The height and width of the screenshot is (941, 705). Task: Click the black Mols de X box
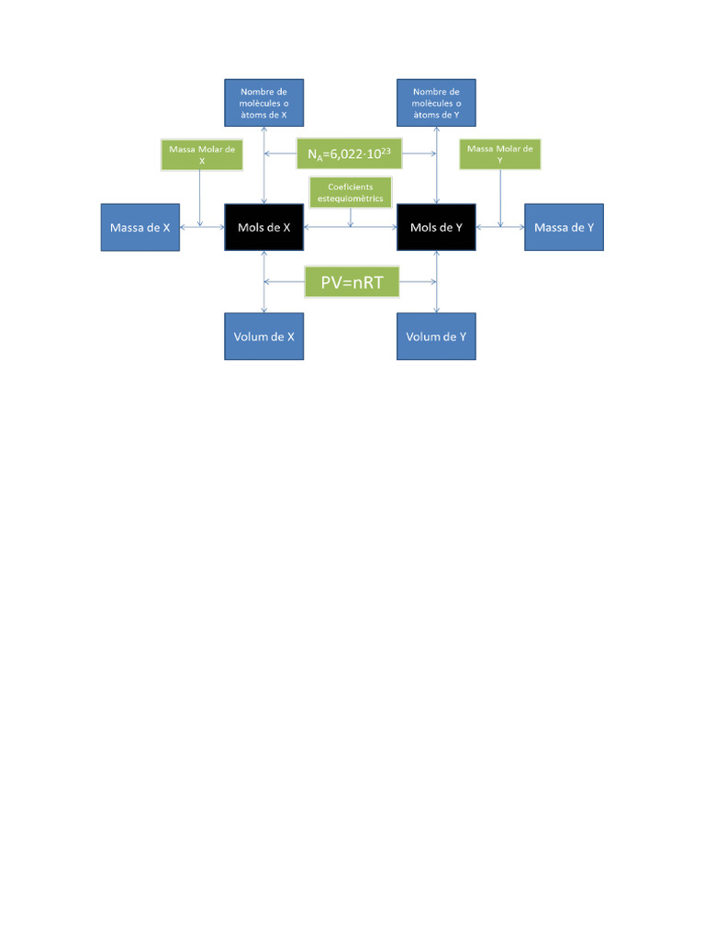264,227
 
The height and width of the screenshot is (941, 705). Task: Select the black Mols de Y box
436,227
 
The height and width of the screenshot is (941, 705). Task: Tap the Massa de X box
140,227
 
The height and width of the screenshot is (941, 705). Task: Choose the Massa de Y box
564,227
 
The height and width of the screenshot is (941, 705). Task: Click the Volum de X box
264,336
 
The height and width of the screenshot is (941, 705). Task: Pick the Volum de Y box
436,336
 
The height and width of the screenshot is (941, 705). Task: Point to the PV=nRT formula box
352,282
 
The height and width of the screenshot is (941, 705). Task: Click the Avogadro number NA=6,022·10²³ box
350,154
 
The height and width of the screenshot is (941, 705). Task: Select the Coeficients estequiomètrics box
350,192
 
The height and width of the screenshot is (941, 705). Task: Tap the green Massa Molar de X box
201,153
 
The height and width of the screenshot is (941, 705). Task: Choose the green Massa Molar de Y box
499,153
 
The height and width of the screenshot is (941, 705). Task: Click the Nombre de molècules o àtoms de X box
264,102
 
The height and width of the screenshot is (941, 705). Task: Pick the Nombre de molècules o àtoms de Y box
436,102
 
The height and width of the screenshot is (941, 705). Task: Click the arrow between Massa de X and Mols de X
202,227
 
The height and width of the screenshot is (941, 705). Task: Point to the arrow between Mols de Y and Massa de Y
499,227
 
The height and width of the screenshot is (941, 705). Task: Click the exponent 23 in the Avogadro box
389,150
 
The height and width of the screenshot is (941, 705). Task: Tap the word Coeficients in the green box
350,187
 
